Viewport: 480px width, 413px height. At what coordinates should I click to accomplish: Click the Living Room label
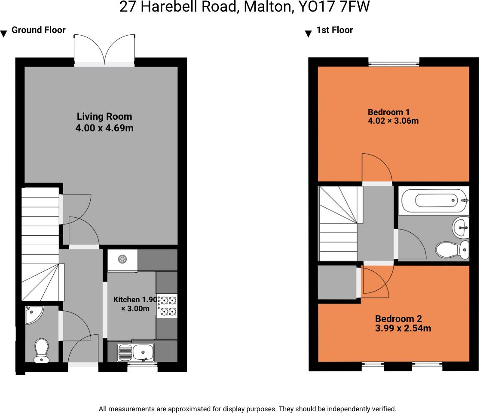point(104,116)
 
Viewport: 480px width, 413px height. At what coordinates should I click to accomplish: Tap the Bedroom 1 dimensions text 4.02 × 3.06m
point(393,121)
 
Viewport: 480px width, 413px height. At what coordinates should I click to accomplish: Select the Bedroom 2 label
point(398,319)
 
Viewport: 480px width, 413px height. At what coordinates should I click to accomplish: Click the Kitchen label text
point(126,300)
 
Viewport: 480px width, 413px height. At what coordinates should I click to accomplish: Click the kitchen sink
point(136,352)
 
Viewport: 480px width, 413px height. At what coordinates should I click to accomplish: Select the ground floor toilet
point(42,350)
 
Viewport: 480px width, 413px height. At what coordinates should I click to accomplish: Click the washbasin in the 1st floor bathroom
point(461,227)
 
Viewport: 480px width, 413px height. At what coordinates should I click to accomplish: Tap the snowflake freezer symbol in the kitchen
point(122,259)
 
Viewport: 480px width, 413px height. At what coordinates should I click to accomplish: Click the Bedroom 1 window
point(394,64)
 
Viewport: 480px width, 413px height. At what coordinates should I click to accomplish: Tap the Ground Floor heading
point(38,30)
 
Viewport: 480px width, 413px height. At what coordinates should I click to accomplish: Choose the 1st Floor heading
point(334,30)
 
